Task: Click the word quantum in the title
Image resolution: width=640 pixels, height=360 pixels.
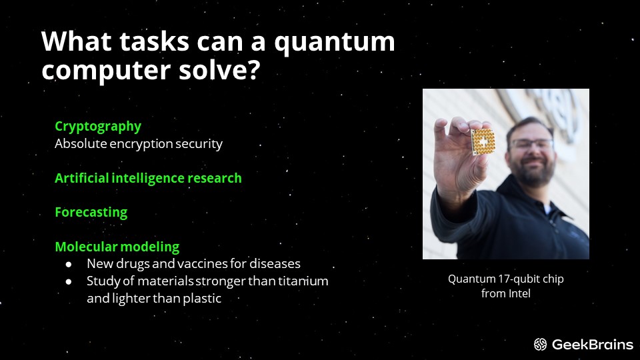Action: click(x=335, y=43)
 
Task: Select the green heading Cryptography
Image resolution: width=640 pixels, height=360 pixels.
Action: click(x=98, y=127)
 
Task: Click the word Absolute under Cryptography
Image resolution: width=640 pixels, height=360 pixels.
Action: click(x=79, y=144)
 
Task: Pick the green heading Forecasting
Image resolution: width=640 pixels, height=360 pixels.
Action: click(x=91, y=213)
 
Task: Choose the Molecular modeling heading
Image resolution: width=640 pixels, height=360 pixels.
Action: click(x=117, y=247)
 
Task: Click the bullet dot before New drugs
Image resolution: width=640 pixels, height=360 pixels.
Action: click(x=69, y=265)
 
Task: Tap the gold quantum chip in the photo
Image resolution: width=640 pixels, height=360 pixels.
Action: click(x=483, y=142)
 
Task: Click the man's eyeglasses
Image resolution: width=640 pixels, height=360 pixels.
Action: click(x=531, y=144)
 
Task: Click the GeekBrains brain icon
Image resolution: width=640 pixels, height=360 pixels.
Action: click(x=541, y=345)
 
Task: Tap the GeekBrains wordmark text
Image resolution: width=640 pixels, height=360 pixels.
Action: click(x=593, y=345)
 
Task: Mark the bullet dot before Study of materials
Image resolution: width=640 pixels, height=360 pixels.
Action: click(x=69, y=281)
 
